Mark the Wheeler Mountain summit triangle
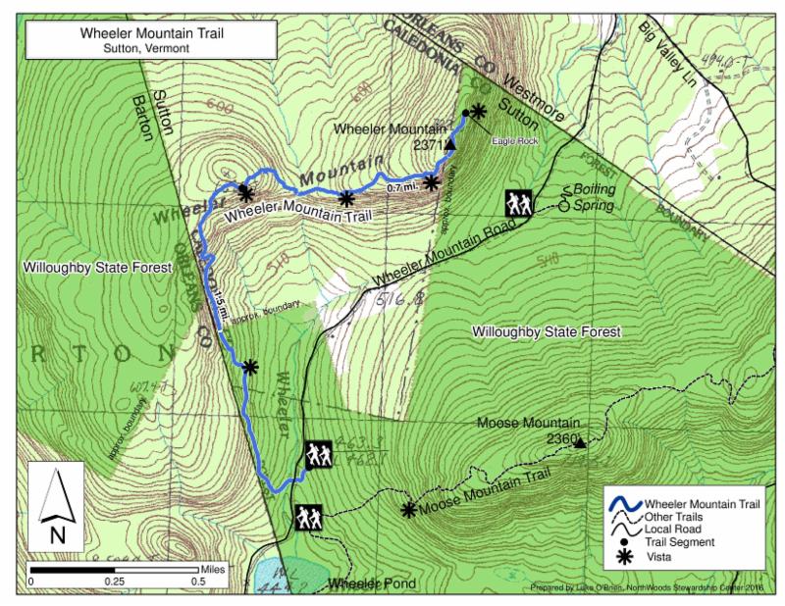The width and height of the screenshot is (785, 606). (450, 144)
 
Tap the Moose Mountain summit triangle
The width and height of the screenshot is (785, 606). (580, 443)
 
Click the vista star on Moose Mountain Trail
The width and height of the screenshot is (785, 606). (408, 509)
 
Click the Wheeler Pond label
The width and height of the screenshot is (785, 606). (372, 584)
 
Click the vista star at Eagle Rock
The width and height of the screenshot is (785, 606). (478, 111)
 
